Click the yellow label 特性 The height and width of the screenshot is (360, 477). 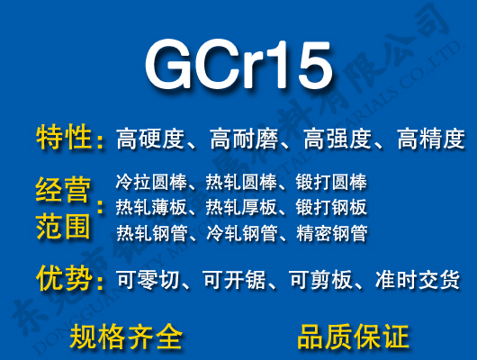point(65,139)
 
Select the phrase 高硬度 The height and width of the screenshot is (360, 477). point(150,139)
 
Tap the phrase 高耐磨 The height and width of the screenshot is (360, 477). point(244,139)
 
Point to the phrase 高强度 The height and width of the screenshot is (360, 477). point(337,139)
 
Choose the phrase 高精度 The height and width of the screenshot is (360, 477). point(430,139)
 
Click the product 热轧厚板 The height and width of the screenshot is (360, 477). point(241,208)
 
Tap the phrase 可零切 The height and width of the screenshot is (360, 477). point(150,281)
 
